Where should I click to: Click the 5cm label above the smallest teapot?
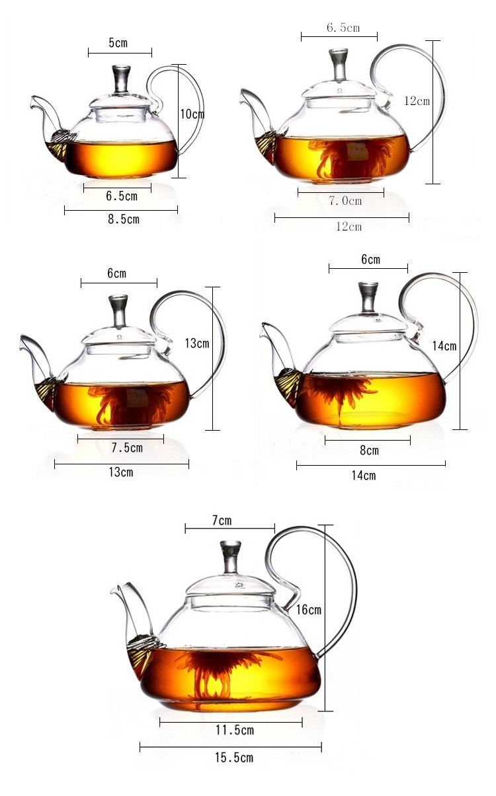118,43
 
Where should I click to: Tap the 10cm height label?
192,114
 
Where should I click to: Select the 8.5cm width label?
124,219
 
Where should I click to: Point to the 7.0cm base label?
345,201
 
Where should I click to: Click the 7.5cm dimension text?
127,448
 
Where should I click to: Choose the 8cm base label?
369,451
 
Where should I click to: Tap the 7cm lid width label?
222,521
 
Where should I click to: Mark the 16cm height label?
308,610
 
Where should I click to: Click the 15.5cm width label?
234,758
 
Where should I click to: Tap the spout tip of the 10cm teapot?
33,100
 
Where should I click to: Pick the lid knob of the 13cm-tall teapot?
118,310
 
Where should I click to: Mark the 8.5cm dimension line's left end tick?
65,210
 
